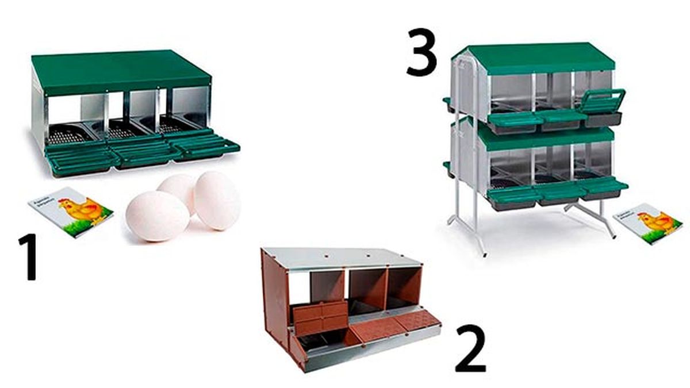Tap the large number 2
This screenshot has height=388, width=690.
point(470,348)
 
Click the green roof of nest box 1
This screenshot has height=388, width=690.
point(121,70)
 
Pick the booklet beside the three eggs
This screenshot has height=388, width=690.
point(70,211)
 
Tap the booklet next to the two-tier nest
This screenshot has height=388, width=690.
point(647,222)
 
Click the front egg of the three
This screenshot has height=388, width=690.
point(157,216)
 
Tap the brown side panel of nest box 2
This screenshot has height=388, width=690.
point(274,299)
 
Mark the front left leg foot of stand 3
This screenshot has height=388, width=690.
point(483,253)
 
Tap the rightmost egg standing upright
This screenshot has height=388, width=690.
point(217,200)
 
